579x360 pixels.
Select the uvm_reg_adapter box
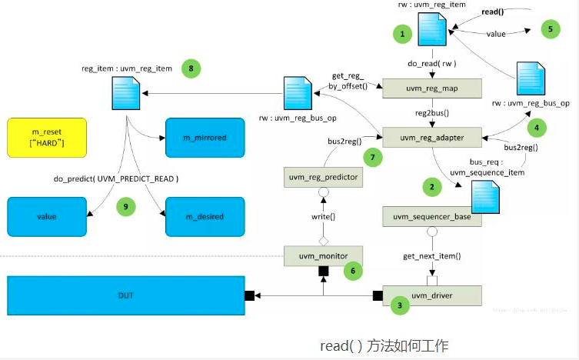pos(431,138)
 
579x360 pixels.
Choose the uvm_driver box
pos(431,295)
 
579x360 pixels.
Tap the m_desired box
pos(204,216)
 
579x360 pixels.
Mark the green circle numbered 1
pos(402,34)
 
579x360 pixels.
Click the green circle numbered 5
pos(551,29)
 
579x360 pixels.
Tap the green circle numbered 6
pos(353,270)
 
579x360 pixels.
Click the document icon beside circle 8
pos(125,96)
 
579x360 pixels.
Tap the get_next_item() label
pos(431,255)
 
